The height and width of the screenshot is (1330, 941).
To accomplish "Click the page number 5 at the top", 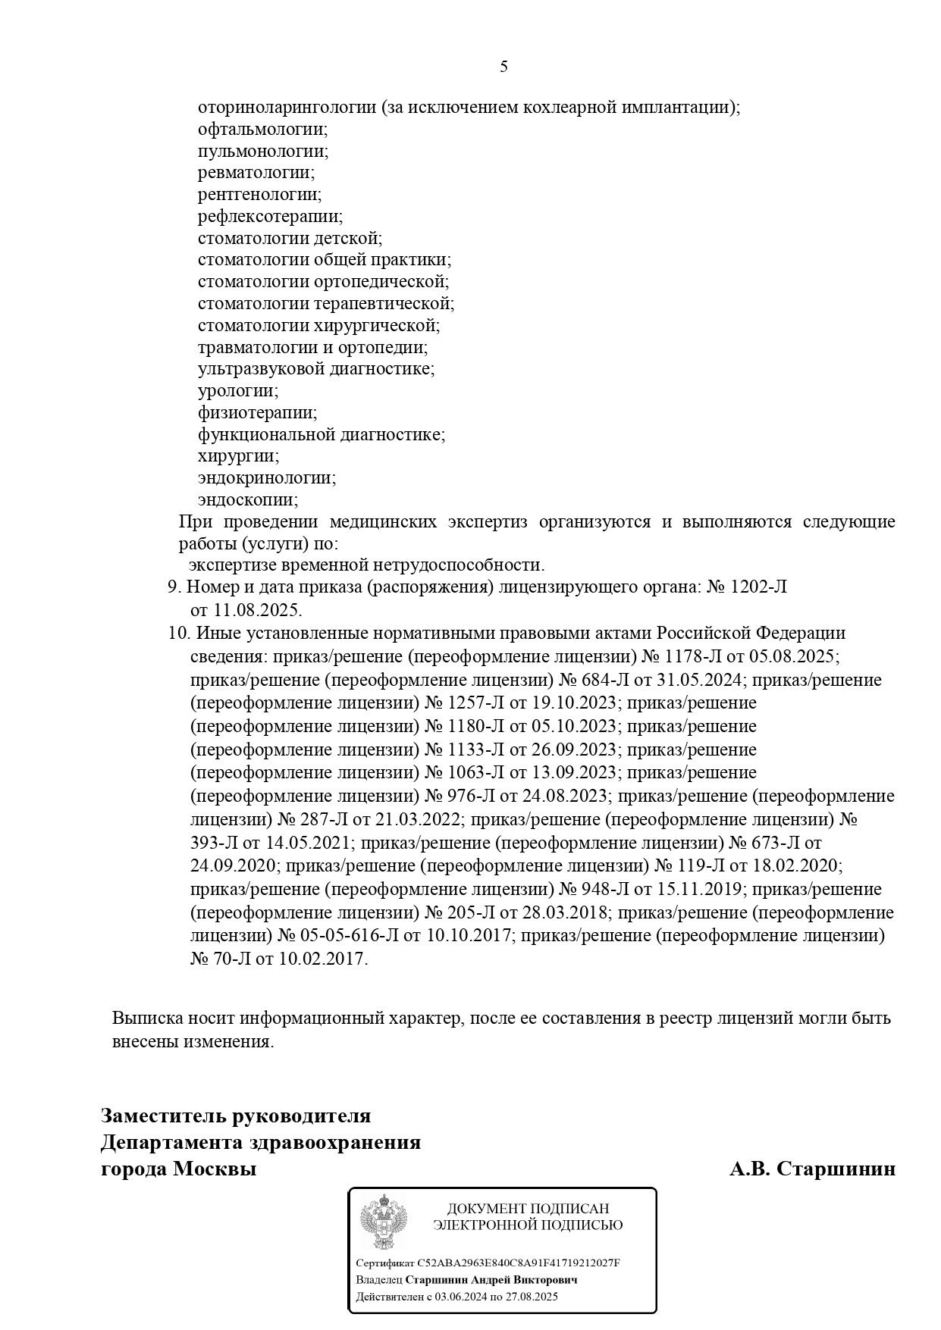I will [x=504, y=67].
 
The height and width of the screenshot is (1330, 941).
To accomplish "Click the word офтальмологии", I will [x=262, y=130].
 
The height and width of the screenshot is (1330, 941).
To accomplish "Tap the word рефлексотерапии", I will [x=270, y=217].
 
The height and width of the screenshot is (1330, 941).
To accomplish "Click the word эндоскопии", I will [x=248, y=500].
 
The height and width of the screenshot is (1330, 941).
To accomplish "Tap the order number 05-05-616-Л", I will [x=349, y=936].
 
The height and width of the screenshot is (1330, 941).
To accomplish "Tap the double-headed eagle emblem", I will [x=383, y=1222].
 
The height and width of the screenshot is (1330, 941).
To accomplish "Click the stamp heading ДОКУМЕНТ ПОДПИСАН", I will [x=528, y=1209].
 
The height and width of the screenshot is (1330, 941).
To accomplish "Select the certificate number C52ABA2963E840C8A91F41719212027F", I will [x=519, y=1263].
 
